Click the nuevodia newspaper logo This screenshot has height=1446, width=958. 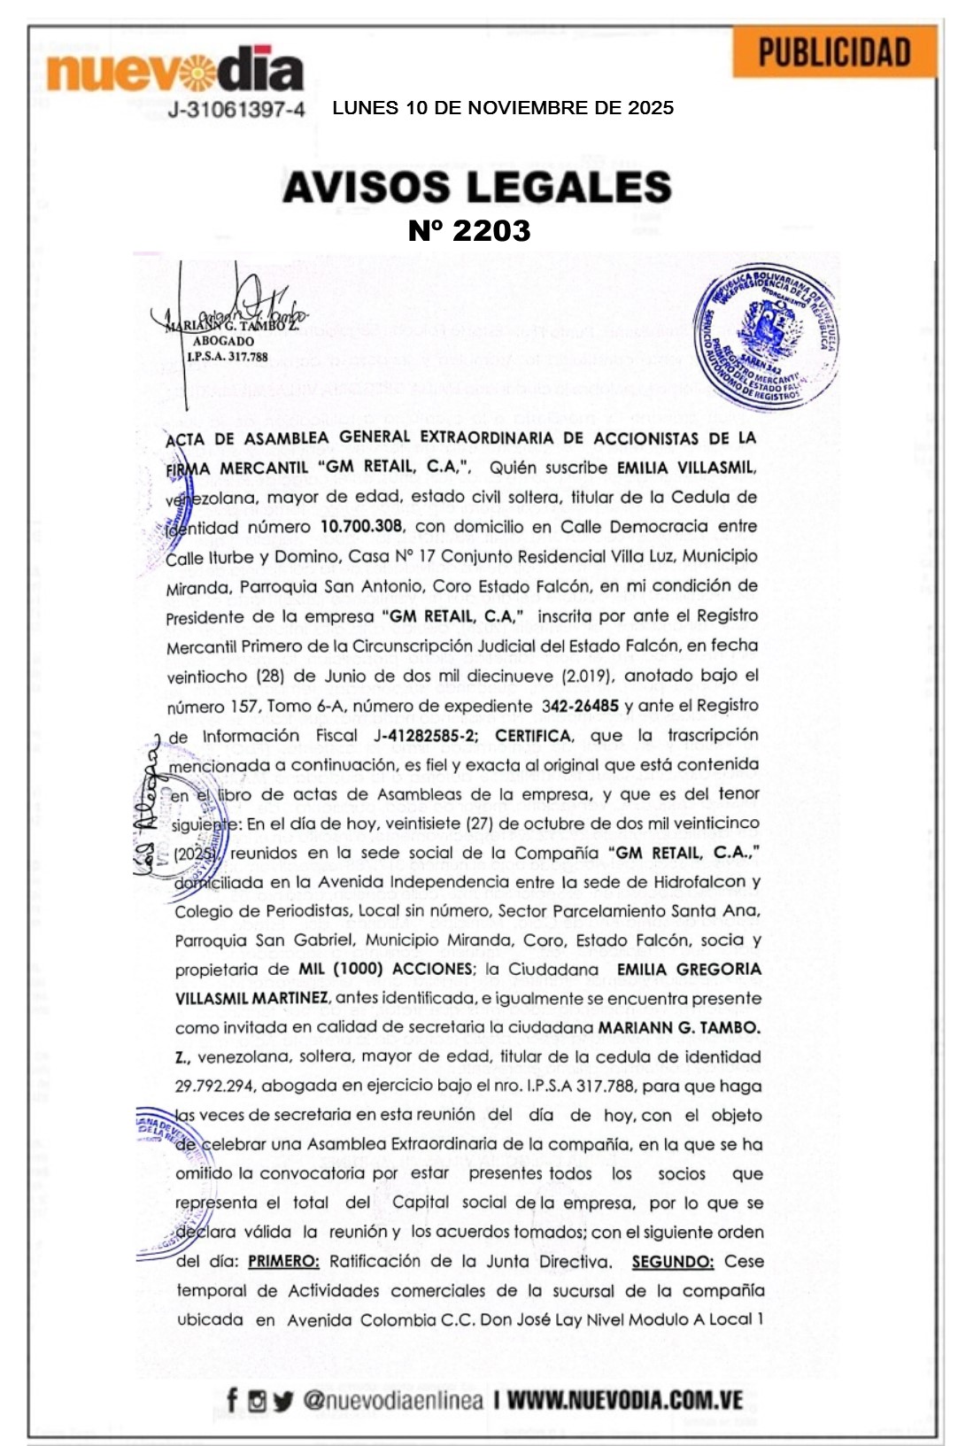click(174, 70)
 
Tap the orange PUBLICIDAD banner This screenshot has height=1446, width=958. click(834, 52)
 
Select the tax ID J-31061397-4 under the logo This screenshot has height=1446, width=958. click(236, 109)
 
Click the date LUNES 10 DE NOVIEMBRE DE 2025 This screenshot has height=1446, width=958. click(503, 108)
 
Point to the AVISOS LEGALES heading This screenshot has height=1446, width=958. click(477, 187)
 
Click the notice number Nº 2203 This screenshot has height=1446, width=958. click(469, 231)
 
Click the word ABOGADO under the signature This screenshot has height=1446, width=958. click(223, 341)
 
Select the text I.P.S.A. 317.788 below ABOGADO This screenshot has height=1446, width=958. click(227, 357)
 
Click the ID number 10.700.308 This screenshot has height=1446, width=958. click(361, 526)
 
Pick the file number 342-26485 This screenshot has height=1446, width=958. click(580, 706)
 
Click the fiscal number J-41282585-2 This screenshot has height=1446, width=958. click(426, 736)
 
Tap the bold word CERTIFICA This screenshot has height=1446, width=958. click(533, 736)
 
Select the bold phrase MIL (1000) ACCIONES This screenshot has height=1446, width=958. click(386, 969)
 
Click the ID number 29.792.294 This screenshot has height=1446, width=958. click(213, 1086)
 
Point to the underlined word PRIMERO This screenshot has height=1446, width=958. click(283, 1261)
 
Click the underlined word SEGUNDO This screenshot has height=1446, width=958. click(673, 1261)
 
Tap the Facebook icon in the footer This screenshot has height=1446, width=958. click(232, 1400)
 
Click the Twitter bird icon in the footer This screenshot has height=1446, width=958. click(282, 1401)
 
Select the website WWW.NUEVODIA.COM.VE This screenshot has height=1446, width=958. click(624, 1400)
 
